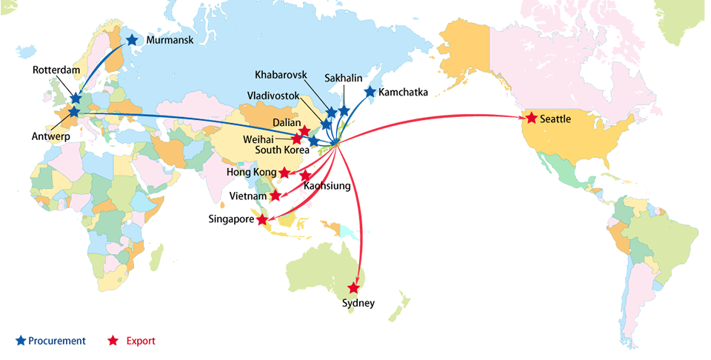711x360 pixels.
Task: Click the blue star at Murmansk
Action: pos(132,40)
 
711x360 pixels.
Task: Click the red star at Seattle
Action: pos(531,118)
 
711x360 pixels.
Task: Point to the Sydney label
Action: pos(358,303)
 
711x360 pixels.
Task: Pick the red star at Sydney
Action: pos(354,287)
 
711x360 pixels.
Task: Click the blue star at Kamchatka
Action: pos(370,92)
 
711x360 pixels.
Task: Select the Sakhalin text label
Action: pos(344,78)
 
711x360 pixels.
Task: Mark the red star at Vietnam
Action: pos(276,196)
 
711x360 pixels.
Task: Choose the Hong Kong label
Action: pos(251,173)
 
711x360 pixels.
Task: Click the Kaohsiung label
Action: pos(327,186)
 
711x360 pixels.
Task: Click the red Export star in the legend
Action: pos(113,341)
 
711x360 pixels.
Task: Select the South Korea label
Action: pos(281,150)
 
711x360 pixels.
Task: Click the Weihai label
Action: pos(258,139)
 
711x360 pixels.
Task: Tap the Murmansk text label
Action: pos(170,40)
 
